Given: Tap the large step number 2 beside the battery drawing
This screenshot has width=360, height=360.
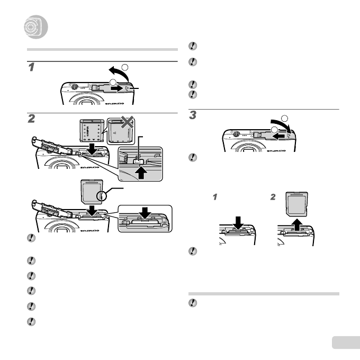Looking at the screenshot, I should point(32,120).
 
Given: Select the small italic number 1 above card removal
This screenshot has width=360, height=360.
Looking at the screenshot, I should point(215,197).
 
